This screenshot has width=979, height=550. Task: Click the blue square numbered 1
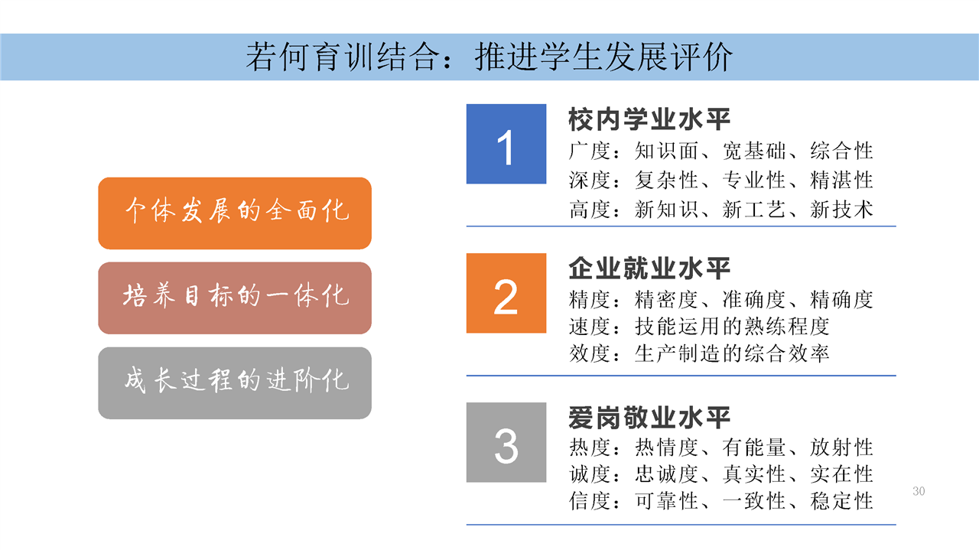[506, 144]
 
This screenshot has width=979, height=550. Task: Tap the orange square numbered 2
[506, 293]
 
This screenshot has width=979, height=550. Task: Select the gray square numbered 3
[506, 442]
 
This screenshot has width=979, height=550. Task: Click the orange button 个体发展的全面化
[235, 213]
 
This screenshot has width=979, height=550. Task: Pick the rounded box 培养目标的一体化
[235, 298]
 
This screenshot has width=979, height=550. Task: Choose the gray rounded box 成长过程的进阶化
[235, 383]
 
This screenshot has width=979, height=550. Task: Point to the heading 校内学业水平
[649, 119]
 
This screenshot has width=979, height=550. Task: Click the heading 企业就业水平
[649, 268]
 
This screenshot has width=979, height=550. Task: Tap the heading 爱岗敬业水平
[649, 418]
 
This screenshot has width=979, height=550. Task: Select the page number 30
[919, 491]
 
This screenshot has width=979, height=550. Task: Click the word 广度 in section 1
[590, 151]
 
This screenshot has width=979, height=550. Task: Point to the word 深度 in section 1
[590, 180]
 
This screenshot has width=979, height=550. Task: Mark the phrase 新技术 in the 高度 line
[841, 210]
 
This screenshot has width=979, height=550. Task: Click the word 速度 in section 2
[590, 327]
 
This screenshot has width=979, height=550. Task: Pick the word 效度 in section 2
[590, 353]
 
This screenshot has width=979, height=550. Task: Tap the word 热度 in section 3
[590, 447]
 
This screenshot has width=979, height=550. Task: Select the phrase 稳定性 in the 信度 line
[841, 501]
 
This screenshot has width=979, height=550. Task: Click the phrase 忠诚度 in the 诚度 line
[666, 474]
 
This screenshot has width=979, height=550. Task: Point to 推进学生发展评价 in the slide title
[603, 57]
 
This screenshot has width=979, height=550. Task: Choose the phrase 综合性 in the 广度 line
[841, 151]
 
